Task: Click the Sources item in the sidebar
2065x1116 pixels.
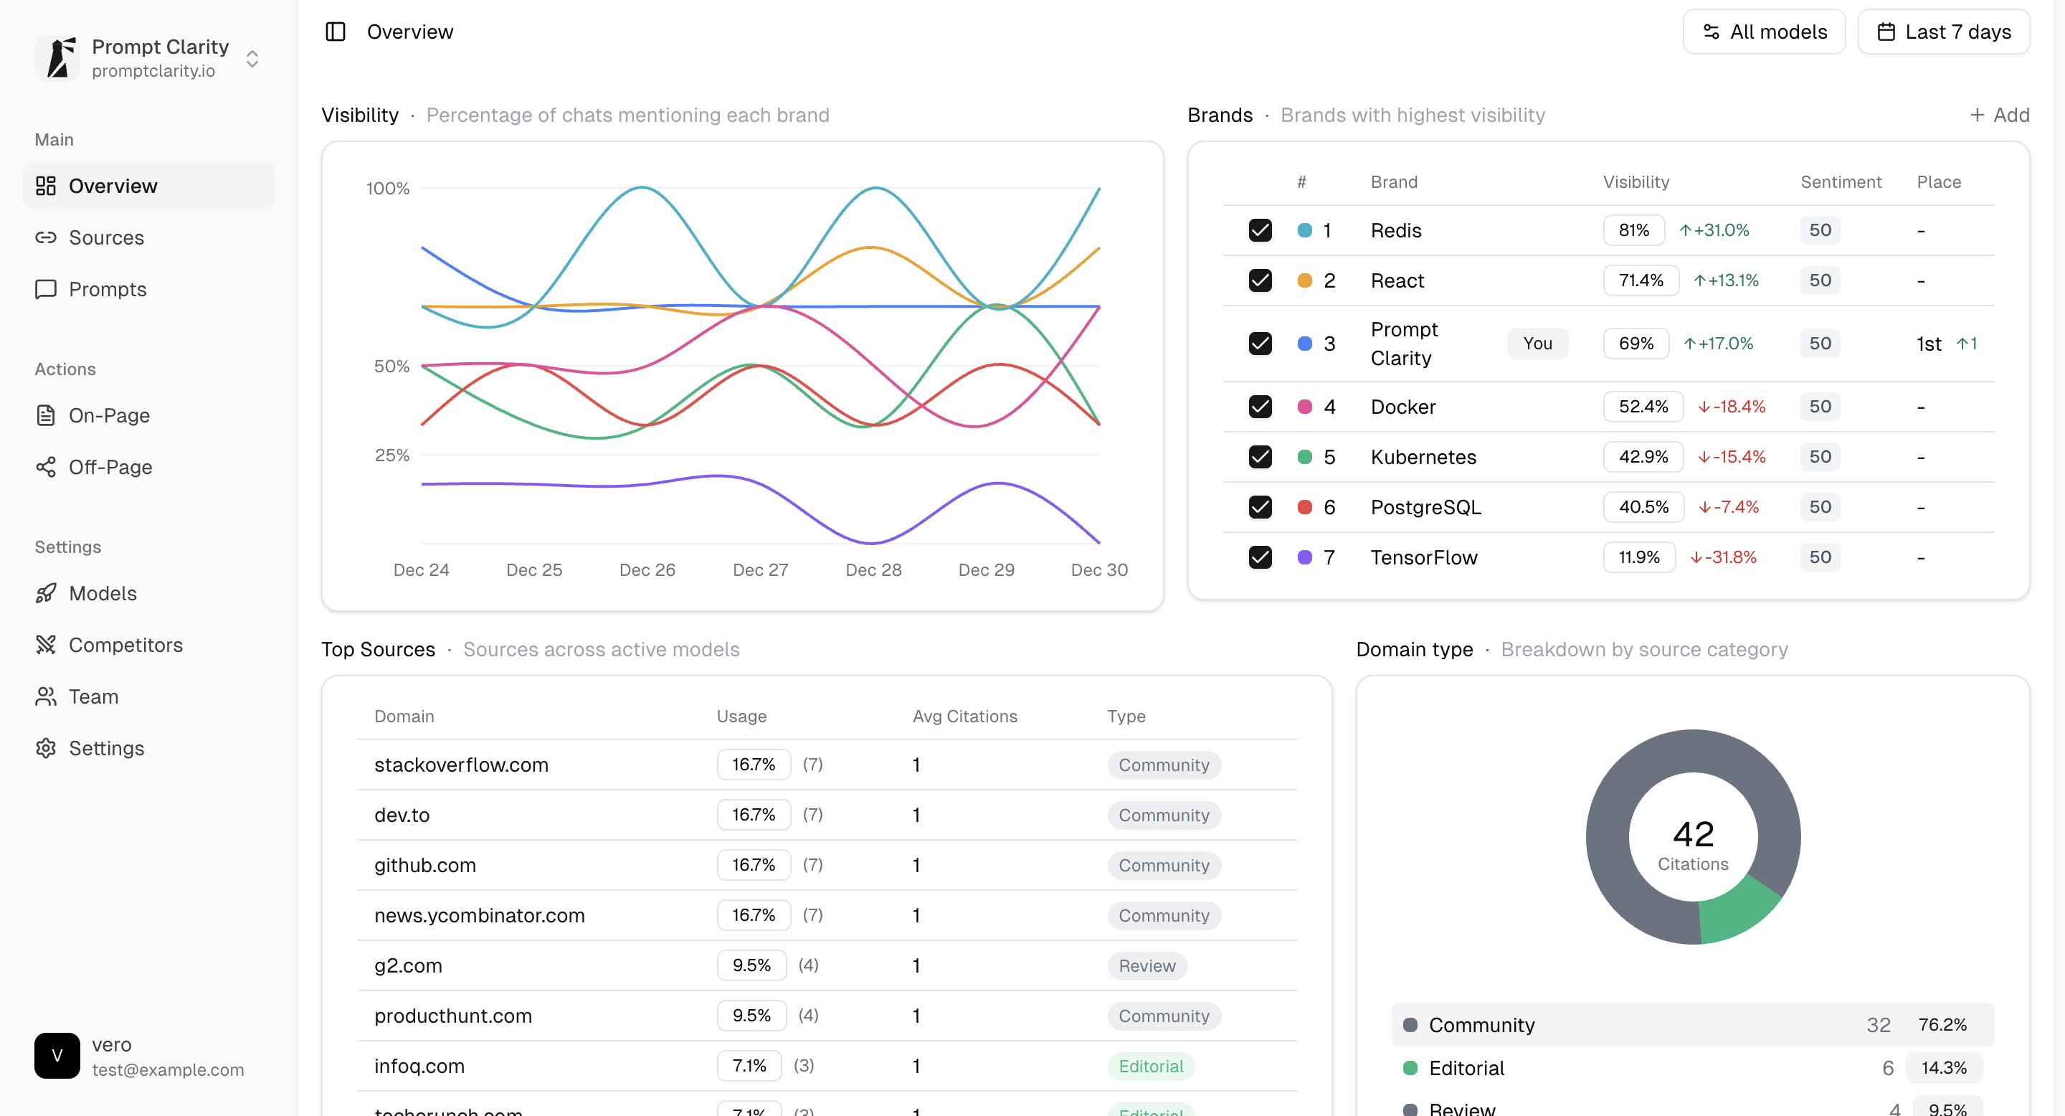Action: click(106, 237)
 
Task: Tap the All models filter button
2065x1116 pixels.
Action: click(1764, 32)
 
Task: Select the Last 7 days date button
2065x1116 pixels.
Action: click(1943, 32)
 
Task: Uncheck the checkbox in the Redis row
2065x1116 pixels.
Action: click(1261, 230)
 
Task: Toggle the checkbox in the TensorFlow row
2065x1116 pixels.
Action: click(1261, 557)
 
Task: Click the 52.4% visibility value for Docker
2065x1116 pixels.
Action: click(1643, 407)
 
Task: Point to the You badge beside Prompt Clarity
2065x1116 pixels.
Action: click(1537, 343)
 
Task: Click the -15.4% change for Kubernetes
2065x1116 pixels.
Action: click(1732, 457)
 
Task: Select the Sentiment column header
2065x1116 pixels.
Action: click(1841, 182)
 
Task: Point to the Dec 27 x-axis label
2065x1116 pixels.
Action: click(760, 570)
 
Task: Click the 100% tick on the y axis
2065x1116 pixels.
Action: click(388, 189)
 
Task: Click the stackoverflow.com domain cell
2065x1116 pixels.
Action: click(461, 765)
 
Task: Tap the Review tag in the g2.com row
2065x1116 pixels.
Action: click(1147, 966)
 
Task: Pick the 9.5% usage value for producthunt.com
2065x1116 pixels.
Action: click(751, 1016)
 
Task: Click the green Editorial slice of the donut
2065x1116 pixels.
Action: click(1735, 912)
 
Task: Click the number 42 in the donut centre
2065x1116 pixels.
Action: click(1693, 834)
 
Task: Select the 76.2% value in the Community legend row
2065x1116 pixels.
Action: click(1942, 1025)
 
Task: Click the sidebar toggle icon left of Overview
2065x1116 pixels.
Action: click(335, 32)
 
